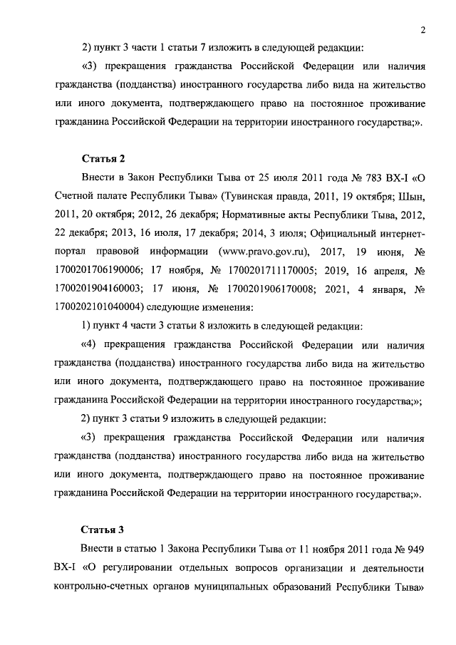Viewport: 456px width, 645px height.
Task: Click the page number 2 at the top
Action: tap(423, 29)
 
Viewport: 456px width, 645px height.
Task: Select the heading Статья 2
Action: tap(102, 158)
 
